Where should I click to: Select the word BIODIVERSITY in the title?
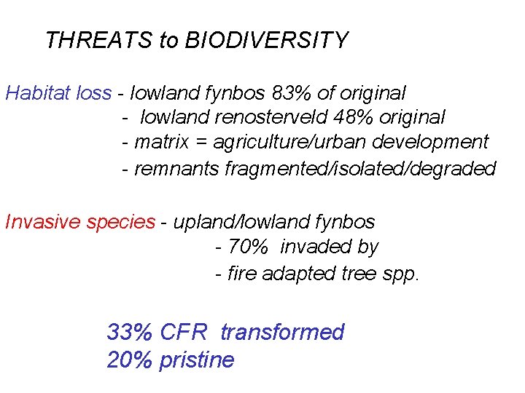[x=267, y=40]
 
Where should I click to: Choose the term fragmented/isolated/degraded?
[x=361, y=169]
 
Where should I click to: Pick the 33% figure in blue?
[x=129, y=333]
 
